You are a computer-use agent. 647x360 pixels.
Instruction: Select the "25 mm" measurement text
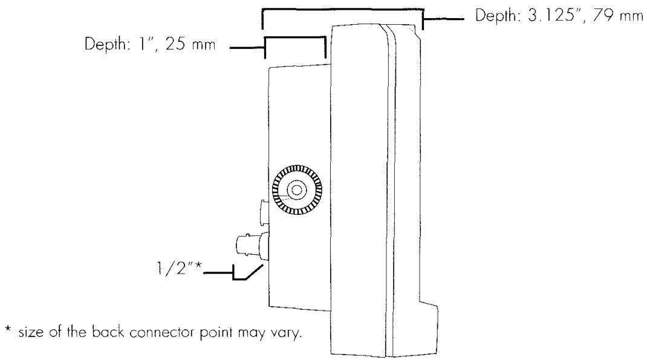(x=190, y=44)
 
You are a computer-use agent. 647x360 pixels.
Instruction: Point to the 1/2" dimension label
(x=178, y=269)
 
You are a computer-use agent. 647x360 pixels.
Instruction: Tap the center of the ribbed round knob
(x=297, y=189)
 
